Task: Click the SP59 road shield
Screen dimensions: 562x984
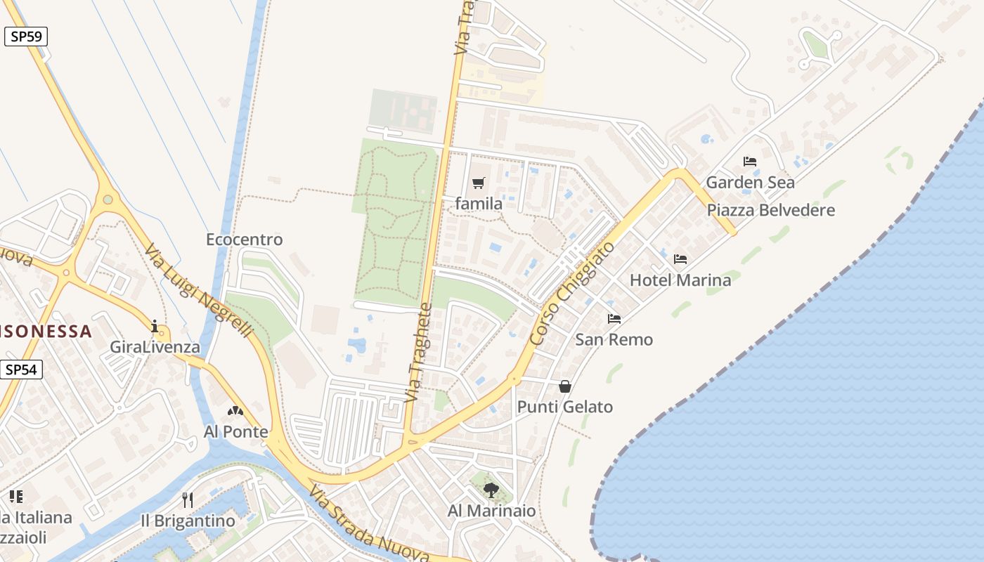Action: (x=26, y=37)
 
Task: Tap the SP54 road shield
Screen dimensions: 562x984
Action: (x=22, y=370)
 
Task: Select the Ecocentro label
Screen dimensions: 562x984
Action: (x=244, y=240)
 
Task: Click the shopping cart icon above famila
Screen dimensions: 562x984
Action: (x=479, y=183)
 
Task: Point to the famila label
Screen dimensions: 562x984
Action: (x=479, y=204)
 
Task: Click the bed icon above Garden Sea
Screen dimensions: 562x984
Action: (x=750, y=162)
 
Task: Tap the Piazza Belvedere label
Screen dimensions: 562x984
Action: (x=770, y=210)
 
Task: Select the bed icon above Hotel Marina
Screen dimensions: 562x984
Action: (x=680, y=259)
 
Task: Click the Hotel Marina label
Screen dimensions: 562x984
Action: (x=680, y=280)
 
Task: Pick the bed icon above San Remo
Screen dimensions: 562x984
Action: (x=614, y=319)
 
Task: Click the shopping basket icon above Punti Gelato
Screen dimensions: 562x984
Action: (x=565, y=386)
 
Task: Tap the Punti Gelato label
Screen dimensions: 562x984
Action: (x=565, y=407)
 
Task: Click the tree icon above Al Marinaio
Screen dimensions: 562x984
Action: (x=491, y=490)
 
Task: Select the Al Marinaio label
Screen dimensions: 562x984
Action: (x=491, y=511)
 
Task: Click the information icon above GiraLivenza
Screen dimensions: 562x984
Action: (x=155, y=326)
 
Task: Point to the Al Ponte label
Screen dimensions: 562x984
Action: (x=235, y=431)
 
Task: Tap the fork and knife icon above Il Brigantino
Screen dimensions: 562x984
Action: (x=188, y=500)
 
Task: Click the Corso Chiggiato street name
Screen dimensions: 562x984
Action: (x=572, y=294)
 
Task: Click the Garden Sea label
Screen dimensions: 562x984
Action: (x=750, y=183)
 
